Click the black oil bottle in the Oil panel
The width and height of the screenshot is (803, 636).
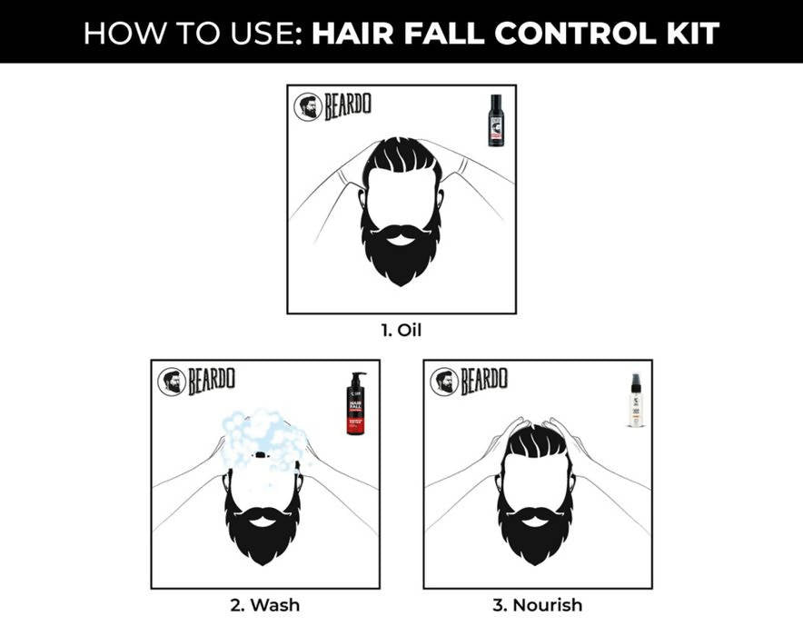(495, 120)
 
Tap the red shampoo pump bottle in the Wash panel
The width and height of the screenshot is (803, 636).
(354, 404)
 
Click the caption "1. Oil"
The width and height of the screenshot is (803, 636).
(401, 330)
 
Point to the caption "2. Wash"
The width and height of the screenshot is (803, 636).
(264, 604)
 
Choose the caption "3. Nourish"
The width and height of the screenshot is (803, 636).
(537, 604)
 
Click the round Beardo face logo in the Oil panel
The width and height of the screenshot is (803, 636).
(307, 107)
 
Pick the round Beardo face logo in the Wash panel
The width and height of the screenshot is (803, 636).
(171, 382)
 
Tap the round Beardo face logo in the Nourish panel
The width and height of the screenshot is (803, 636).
(443, 382)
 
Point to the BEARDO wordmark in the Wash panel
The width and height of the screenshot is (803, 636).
(212, 382)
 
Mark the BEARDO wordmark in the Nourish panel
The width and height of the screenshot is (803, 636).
(484, 382)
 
